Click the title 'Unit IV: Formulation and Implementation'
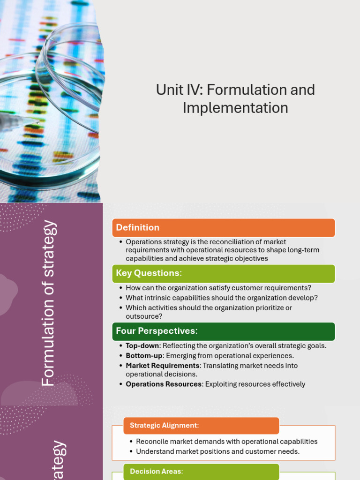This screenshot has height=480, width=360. pos(235,98)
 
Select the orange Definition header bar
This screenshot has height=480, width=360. pos(223,228)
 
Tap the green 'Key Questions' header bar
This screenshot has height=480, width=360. pos(223,273)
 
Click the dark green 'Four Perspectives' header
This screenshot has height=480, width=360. pos(223,331)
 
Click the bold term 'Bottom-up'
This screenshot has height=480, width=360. pos(144,356)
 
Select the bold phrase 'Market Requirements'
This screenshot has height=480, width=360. pos(163,366)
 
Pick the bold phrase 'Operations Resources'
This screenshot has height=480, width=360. pos(164,384)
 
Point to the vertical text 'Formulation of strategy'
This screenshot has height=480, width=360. pos(49,304)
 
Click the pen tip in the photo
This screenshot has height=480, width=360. pos(37,122)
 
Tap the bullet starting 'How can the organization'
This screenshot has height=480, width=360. pos(218,288)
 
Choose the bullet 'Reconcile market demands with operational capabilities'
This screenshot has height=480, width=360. pos(226,442)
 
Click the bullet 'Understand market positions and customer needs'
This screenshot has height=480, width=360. pos(217,451)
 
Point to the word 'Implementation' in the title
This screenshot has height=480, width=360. pos(235,108)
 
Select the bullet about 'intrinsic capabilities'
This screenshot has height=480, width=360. pos(222,298)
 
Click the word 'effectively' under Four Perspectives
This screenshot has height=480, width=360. pos(286,384)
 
